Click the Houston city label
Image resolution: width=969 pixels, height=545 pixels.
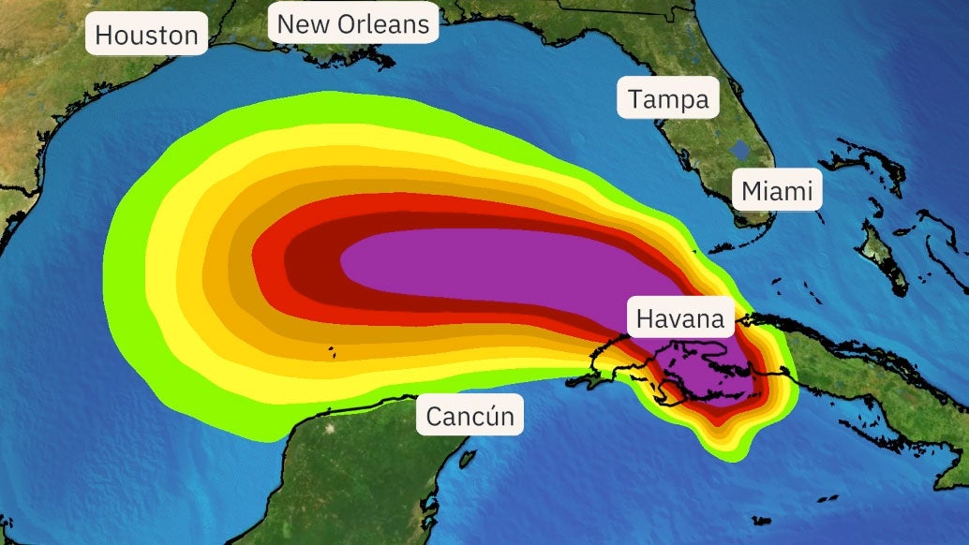pos(147,36)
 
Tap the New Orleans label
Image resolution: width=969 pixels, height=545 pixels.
pos(354,23)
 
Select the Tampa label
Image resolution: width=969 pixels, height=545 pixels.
pos(668,98)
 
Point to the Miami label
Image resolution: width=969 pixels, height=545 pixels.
pos(777,192)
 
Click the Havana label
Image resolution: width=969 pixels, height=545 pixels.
pos(680,318)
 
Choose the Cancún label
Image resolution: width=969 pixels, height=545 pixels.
pos(470,415)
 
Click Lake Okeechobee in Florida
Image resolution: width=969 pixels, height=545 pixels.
pos(740,148)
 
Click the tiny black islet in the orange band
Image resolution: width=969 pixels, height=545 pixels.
pos(330,352)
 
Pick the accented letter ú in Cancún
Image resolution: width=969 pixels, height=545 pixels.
pos(489,415)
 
